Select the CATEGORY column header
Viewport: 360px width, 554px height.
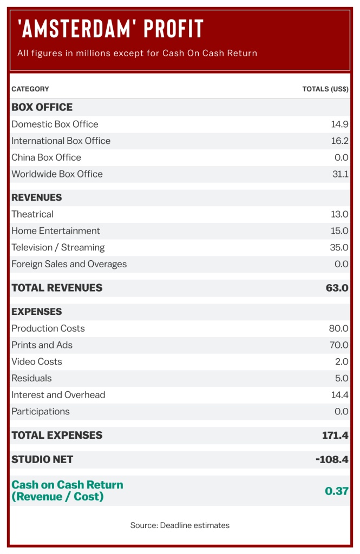click(30, 89)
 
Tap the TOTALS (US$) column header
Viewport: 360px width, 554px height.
click(325, 89)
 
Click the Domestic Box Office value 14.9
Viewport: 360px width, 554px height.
click(339, 124)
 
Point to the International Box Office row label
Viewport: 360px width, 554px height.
click(61, 141)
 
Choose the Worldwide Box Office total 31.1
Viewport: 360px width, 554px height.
click(340, 174)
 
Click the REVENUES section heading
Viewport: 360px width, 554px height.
click(37, 197)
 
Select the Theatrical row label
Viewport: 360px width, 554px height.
click(32, 214)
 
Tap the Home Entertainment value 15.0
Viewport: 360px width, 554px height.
click(339, 230)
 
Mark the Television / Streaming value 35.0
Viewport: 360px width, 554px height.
click(339, 247)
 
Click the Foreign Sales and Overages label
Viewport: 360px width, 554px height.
click(69, 264)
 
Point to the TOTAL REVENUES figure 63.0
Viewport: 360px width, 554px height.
click(337, 288)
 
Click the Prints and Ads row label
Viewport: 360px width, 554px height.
click(42, 345)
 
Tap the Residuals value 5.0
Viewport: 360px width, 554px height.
click(341, 378)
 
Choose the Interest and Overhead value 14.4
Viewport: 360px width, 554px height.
click(339, 395)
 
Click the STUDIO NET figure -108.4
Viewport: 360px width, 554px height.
click(331, 459)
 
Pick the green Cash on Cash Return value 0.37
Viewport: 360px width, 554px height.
click(336, 491)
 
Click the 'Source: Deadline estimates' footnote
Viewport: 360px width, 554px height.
click(180, 525)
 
